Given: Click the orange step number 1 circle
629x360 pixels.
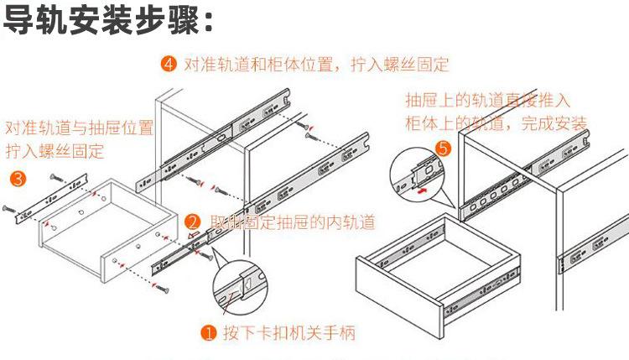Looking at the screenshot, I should pyautogui.click(x=210, y=332).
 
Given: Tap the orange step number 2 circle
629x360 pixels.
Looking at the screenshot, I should pyautogui.click(x=192, y=222).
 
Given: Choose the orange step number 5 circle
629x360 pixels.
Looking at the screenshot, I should pyautogui.click(x=444, y=150).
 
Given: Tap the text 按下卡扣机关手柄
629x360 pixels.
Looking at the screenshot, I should pyautogui.click(x=289, y=333).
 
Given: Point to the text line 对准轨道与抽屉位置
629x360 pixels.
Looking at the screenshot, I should pyautogui.click(x=80, y=128).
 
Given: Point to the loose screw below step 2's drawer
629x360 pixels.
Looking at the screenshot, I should pyautogui.click(x=161, y=288).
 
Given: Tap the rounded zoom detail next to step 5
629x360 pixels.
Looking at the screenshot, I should pyautogui.click(x=416, y=171).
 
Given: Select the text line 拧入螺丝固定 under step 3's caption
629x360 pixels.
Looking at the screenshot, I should pyautogui.click(x=55, y=152).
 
